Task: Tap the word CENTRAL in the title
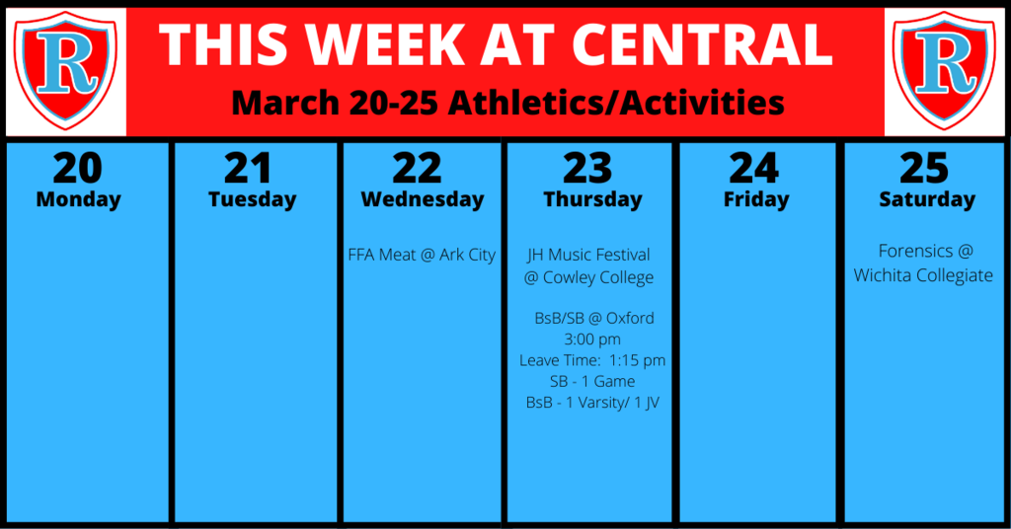coord(702,44)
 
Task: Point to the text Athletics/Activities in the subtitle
coord(616,103)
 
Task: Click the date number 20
coord(78,168)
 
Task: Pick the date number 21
coord(248,168)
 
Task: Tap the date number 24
coord(754,168)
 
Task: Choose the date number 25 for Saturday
coord(924,168)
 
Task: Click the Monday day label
coord(79,199)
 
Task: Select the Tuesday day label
coord(252,199)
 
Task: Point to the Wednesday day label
coord(423,199)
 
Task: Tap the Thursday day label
coord(592,199)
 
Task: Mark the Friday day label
coord(756,199)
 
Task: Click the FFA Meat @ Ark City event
coord(422,256)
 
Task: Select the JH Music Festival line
coord(588,256)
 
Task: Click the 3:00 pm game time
coord(592,340)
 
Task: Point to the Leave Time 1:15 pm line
coord(592,361)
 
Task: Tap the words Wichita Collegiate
coord(923,275)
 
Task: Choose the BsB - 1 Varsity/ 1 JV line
coord(592,403)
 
